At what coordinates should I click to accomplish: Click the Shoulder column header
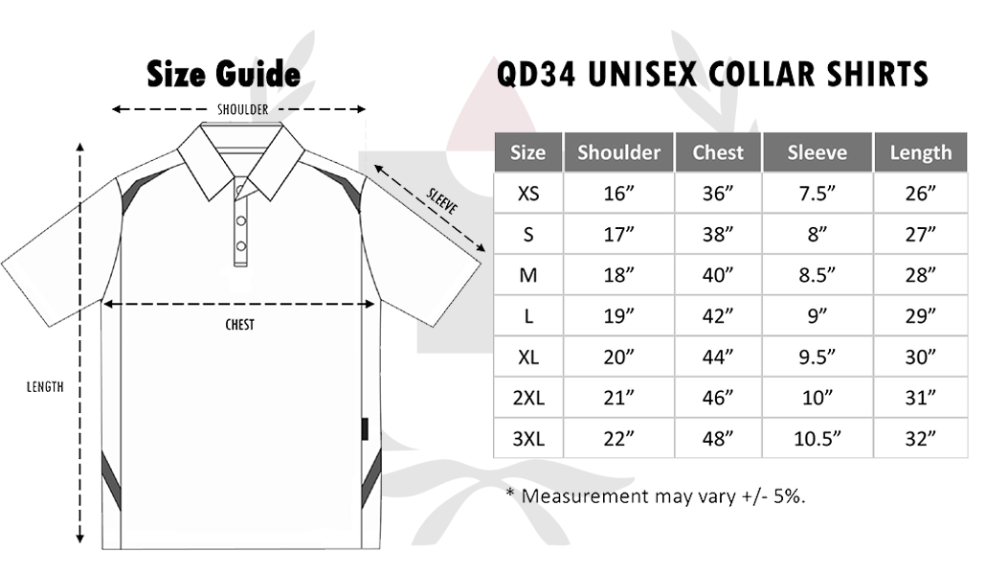[618, 152]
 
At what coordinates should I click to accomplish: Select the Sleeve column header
[817, 152]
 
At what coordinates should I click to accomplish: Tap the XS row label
[528, 194]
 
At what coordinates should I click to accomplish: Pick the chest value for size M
[718, 275]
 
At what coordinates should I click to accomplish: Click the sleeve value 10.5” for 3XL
[817, 438]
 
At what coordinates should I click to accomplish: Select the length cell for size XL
[921, 357]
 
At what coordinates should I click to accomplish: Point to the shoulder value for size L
[618, 316]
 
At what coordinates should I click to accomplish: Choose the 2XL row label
[528, 398]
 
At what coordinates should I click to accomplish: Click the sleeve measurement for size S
[817, 234]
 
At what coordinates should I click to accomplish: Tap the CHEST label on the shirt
[239, 325]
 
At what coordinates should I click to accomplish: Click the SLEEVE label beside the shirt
[442, 201]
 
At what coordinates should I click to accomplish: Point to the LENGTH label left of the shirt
[45, 387]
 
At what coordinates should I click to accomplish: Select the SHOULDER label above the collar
[243, 109]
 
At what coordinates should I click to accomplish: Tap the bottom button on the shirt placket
[241, 246]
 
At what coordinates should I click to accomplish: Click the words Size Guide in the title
[223, 74]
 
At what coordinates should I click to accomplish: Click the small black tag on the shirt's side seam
[365, 428]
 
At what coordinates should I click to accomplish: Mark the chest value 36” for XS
[718, 194]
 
